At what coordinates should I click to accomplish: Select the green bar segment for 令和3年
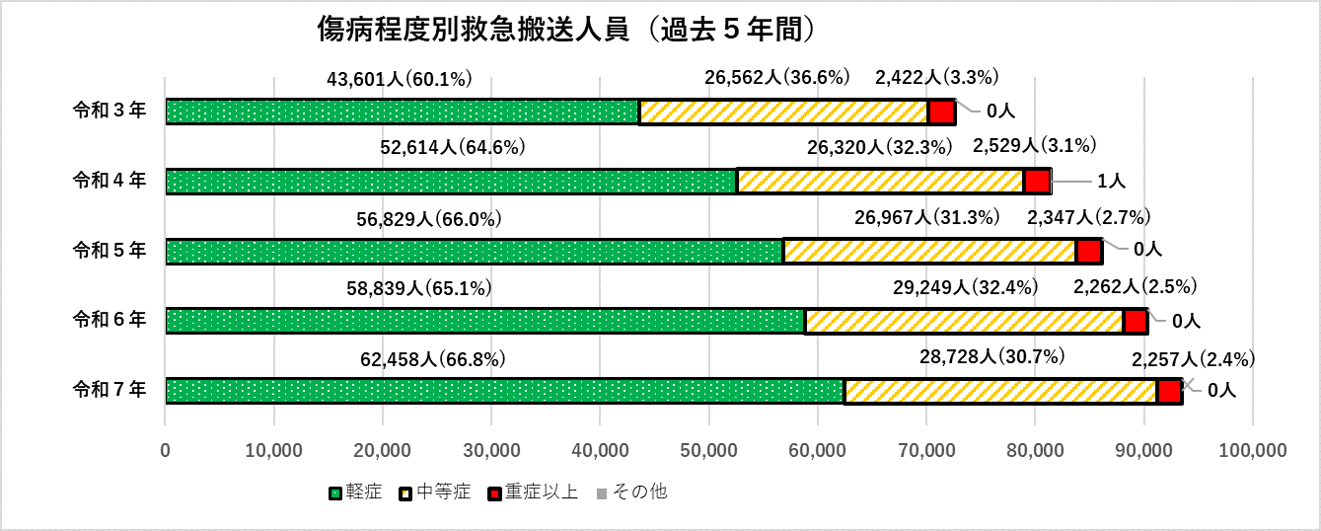pos(402,112)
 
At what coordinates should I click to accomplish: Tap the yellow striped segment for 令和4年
pos(881,182)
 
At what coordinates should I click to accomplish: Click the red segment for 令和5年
pos(1089,252)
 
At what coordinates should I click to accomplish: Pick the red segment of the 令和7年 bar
pos(1169,391)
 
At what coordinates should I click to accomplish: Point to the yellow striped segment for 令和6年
pos(964,322)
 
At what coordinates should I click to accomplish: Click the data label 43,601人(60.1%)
pos(401,78)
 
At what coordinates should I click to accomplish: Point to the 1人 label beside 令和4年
pos(1112,181)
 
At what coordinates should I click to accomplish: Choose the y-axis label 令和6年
pos(110,320)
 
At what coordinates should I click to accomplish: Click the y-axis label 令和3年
pos(110,111)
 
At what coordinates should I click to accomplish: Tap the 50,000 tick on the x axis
pos(708,451)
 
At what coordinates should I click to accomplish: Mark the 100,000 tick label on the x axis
pos(1252,451)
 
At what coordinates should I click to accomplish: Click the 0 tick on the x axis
pos(166,451)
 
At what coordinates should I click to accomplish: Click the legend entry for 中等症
pos(435,491)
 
